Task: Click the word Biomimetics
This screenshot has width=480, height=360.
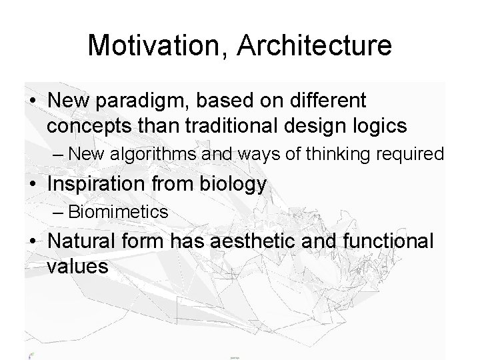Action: click(118, 213)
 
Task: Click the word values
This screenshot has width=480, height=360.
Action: click(77, 267)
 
